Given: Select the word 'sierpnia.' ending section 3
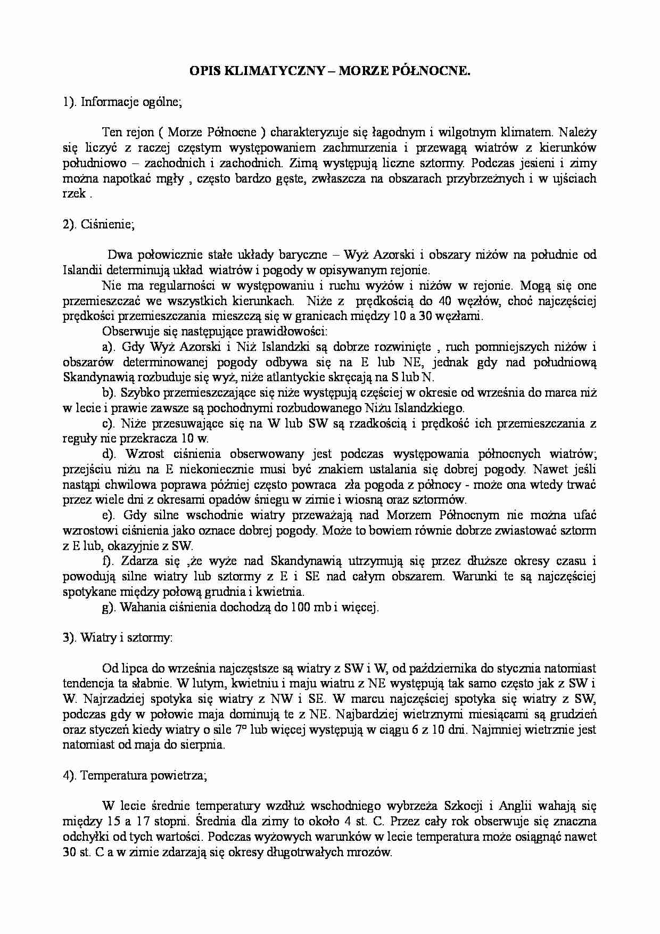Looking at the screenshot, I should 204,745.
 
